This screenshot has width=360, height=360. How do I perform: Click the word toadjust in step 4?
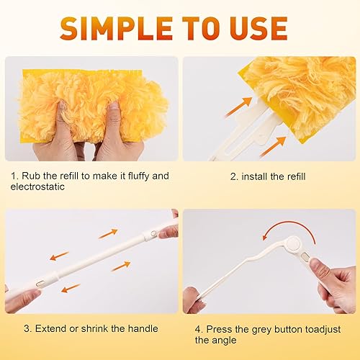click(x=312, y=328)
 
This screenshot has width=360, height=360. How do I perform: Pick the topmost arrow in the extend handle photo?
click(x=107, y=233)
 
